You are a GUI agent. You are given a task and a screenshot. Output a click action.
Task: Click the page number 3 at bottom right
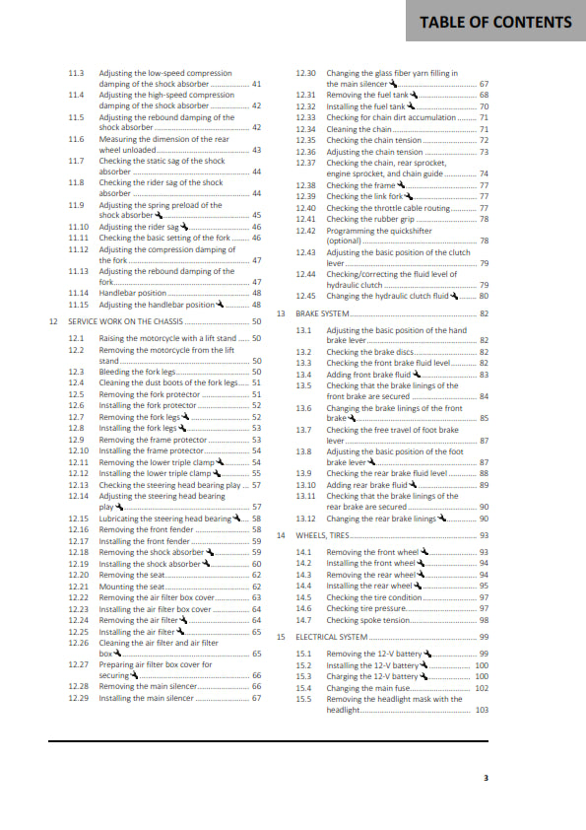[485, 778]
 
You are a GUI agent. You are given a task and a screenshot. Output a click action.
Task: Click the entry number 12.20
[79, 575]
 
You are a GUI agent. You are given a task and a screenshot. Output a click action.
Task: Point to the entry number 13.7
[304, 430]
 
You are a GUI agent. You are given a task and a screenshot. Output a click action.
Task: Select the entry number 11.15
[79, 305]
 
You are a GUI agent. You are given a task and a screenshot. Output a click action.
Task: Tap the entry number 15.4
[304, 688]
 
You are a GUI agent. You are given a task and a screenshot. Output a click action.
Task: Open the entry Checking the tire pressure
[365, 608]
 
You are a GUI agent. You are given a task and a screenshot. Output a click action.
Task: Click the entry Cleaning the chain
[359, 129]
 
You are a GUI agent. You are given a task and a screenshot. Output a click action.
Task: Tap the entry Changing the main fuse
[365, 688]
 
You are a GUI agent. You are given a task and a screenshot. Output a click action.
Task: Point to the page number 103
[482, 710]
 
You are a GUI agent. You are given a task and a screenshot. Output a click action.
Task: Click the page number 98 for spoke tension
[484, 619]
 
